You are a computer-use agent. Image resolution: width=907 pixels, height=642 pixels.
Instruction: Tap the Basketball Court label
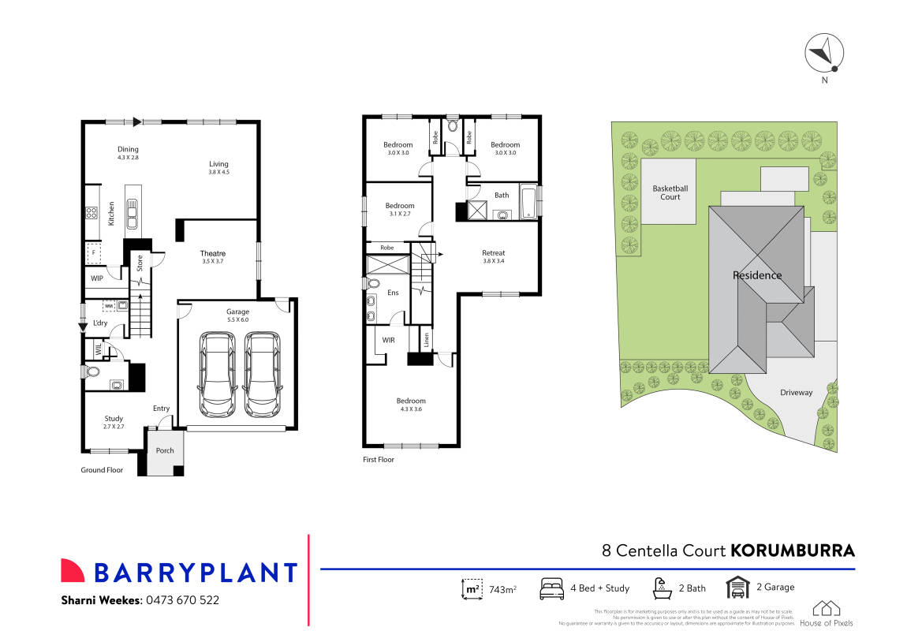[670, 192]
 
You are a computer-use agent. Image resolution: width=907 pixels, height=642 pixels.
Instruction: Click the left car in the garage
[217, 374]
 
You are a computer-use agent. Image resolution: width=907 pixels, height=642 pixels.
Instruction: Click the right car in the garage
[262, 374]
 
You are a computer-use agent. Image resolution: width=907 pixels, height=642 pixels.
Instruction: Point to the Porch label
[165, 450]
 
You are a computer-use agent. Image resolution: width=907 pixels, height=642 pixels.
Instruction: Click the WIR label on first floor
[388, 340]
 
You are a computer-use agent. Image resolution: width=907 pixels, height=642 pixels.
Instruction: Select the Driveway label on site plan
[796, 392]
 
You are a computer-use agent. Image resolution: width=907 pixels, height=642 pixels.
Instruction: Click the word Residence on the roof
[757, 275]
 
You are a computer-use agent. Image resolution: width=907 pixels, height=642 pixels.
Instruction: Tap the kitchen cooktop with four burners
[91, 211]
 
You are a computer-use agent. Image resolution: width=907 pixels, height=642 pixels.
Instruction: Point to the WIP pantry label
[97, 278]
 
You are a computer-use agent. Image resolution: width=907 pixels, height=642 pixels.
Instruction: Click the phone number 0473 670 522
[182, 600]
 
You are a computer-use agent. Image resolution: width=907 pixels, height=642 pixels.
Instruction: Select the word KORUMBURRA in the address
[793, 550]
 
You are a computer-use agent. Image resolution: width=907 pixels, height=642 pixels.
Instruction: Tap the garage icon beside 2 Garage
[737, 588]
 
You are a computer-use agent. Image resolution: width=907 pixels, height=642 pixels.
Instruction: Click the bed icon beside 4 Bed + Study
[551, 588]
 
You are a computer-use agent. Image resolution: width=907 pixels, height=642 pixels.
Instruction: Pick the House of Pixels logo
[826, 613]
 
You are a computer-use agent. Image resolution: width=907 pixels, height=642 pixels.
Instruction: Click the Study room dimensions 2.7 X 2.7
[114, 427]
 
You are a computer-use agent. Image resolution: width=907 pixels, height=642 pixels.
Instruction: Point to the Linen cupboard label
[425, 340]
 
